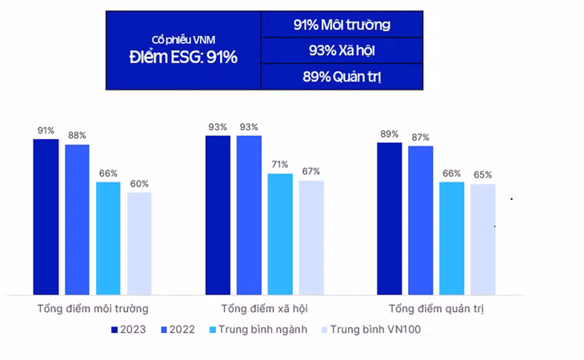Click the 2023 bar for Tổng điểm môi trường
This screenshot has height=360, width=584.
tap(46, 217)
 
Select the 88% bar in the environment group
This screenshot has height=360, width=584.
tap(77, 219)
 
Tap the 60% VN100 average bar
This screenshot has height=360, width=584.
tap(139, 243)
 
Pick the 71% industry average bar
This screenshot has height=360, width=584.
tap(280, 234)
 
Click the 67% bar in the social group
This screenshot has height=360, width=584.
tap(311, 238)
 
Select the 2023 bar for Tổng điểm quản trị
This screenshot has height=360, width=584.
tap(389, 218)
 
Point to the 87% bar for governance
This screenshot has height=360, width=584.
tap(420, 220)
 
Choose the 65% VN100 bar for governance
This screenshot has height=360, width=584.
tap(482, 239)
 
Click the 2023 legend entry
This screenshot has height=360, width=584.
tap(129, 330)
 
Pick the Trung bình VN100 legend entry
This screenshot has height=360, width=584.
tap(370, 330)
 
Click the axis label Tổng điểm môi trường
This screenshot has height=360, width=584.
tap(92, 308)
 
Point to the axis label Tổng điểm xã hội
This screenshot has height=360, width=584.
tap(265, 308)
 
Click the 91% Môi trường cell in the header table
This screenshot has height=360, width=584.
tap(342, 25)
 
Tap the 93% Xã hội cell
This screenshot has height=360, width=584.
tap(342, 50)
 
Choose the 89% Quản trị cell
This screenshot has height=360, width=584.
tap(342, 77)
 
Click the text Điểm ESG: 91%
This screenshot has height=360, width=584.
tap(184, 58)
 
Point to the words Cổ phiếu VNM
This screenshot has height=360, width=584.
tap(184, 40)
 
